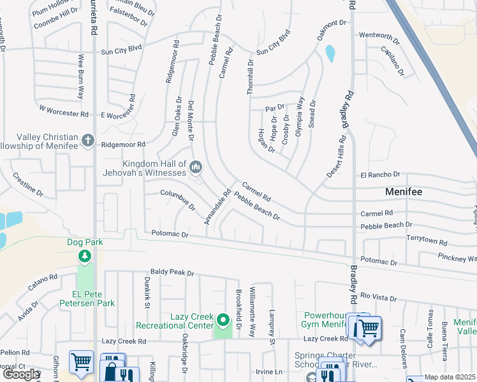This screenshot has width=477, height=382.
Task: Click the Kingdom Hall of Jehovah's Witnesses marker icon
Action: pos(196,167)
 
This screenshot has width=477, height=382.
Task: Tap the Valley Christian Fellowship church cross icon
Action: pos(87,139)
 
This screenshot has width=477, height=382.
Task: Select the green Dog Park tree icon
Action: pos(84,256)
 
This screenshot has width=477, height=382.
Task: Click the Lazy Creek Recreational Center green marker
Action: pos(223,320)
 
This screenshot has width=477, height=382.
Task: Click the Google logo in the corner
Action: pos(21,374)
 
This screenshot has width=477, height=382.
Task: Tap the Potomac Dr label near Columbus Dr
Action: pos(170,235)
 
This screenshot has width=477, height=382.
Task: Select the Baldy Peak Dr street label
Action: pos(172,272)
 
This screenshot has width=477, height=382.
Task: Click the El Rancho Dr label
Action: pos(380,174)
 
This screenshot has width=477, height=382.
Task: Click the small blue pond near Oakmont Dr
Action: pos(330,53)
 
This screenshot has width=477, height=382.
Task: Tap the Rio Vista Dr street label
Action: pos(378,297)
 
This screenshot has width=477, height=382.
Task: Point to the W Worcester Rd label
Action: pos(62,113)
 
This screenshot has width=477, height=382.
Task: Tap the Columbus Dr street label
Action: pos(177,200)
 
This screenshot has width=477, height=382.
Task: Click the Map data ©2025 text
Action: pos(450,378)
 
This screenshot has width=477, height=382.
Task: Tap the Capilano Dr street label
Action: pos(393,61)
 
